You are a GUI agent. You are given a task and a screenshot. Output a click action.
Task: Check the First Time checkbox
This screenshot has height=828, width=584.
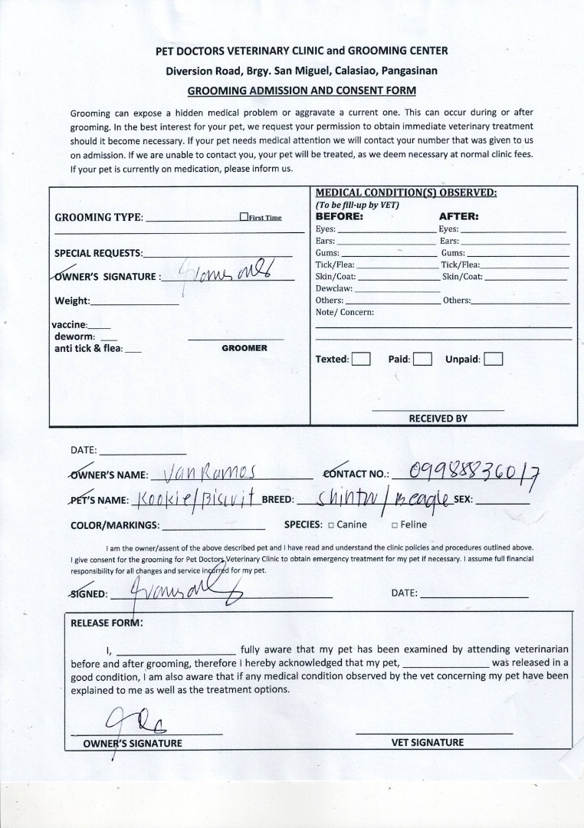pos(244,217)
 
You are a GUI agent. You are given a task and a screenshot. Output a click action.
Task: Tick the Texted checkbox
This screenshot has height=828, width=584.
pos(361,359)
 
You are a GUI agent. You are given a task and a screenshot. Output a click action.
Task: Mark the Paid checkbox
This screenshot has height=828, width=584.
pos(422,359)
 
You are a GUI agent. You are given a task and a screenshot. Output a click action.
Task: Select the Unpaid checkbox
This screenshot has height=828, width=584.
pos(494,359)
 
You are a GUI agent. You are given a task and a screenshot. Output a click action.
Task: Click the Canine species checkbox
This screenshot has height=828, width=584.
pos(330,525)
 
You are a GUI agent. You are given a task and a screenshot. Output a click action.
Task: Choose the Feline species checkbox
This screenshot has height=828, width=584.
pos(394,525)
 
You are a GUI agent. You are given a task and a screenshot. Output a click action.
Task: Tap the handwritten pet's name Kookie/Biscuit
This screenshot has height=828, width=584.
pos(195,499)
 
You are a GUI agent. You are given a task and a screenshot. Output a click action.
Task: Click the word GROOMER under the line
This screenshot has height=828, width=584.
pos(244,348)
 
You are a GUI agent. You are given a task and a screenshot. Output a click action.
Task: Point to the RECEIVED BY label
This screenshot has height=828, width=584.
pos(438,419)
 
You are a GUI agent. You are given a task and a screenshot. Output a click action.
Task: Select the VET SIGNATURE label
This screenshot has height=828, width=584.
pos(427,742)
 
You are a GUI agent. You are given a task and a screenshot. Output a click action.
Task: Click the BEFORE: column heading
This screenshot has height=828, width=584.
pos(340,216)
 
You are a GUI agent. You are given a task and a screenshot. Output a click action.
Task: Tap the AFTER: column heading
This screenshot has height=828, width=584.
pos(458,216)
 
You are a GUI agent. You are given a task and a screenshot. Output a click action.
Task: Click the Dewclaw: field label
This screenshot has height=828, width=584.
pos(333,288)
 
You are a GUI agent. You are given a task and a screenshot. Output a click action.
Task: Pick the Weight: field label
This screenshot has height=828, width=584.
pos(72,301)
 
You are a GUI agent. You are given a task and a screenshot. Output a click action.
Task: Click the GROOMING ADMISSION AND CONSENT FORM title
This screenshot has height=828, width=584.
pos(302,90)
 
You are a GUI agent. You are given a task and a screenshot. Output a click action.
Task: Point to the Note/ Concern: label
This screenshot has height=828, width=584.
pos(344,312)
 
